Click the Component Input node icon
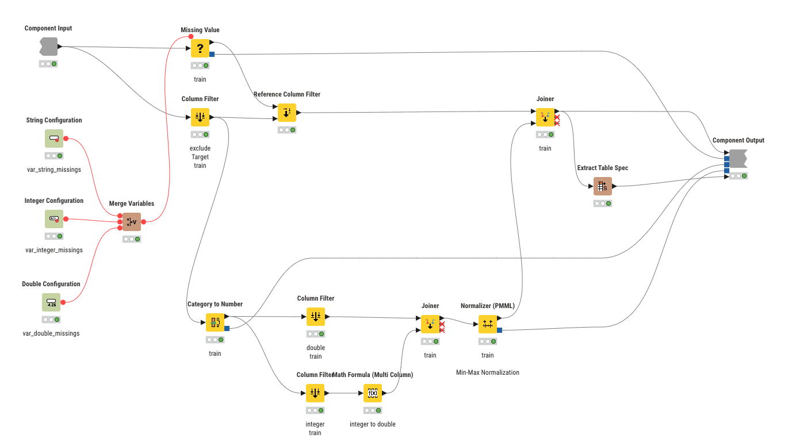[48, 47]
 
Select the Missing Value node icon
[200, 48]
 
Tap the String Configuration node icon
[54, 139]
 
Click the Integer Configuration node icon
[54, 219]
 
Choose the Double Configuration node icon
[51, 302]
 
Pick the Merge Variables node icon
[132, 222]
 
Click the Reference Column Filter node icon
[287, 113]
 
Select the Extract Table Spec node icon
[603, 186]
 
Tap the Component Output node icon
[738, 159]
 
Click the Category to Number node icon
[215, 322]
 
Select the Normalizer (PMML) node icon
[488, 324]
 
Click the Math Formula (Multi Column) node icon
[373, 393]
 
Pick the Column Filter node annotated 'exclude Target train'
[200, 117]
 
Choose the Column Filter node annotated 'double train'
[316, 317]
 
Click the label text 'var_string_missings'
[53, 170]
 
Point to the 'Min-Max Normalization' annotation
[488, 372]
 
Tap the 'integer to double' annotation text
[373, 424]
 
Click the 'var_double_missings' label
[51, 333]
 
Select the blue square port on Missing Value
[212, 54]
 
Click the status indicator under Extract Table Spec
[603, 203]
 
